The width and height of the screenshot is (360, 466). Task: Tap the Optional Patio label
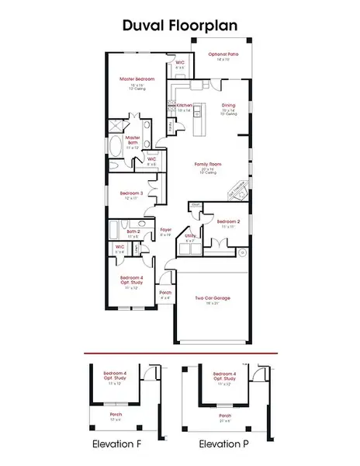click(x=223, y=54)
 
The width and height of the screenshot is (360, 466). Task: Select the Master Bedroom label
click(x=136, y=79)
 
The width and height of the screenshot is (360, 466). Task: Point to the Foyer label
click(x=165, y=230)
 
